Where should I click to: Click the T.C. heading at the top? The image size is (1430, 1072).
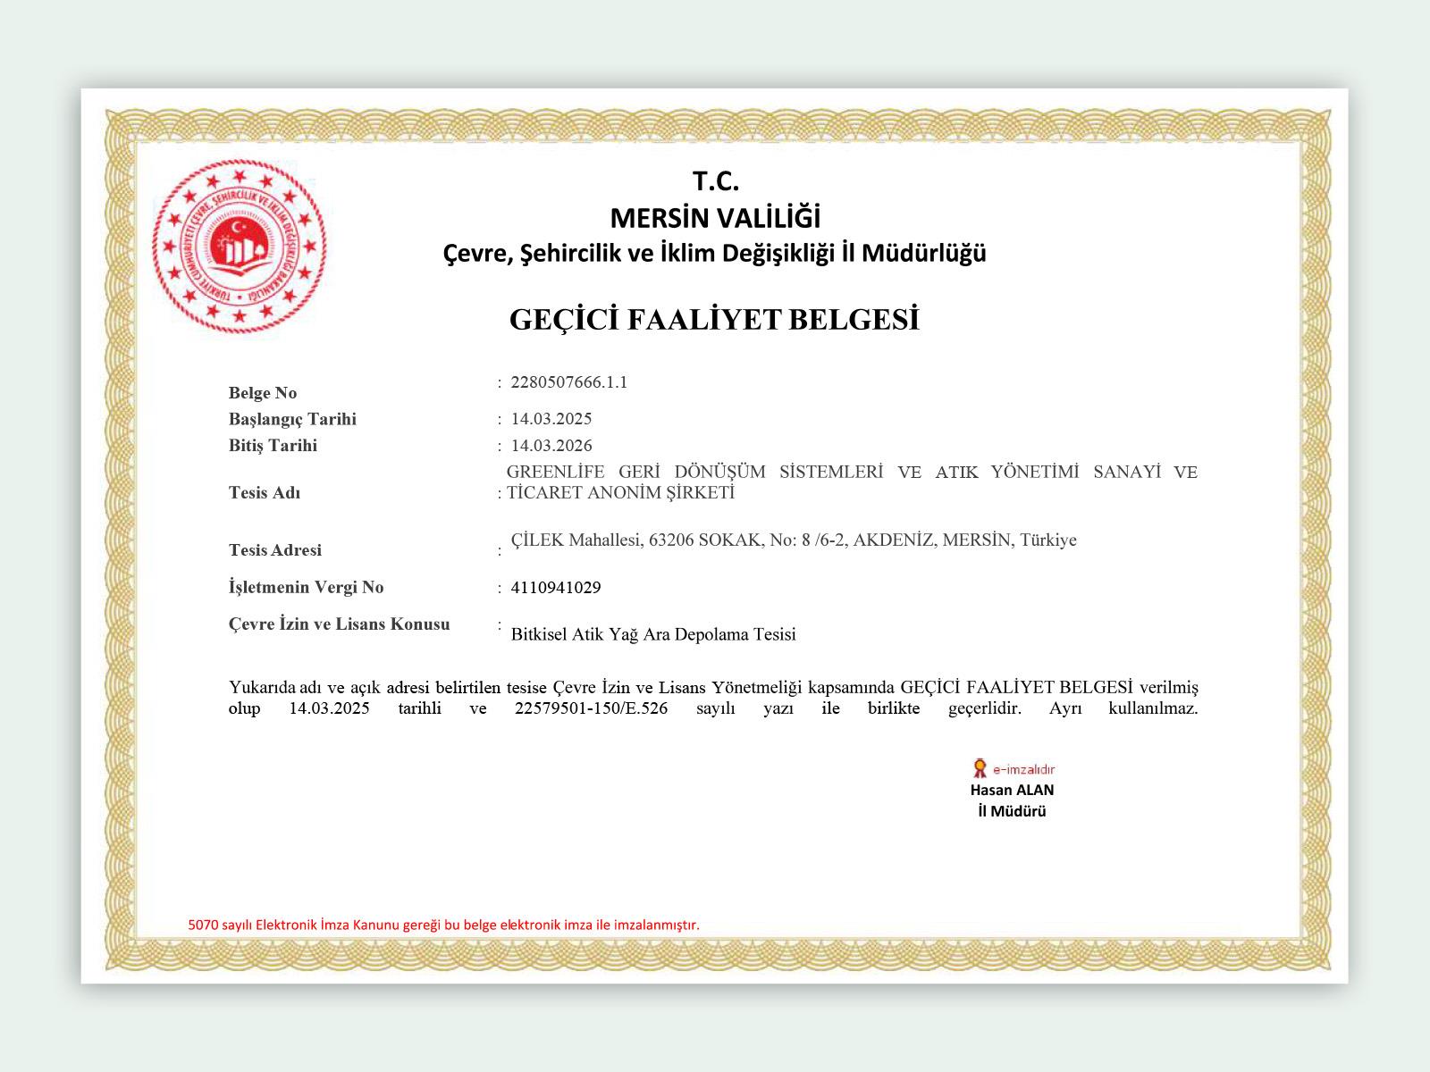pyautogui.click(x=715, y=181)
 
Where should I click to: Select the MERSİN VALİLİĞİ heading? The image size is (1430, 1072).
pyautogui.click(x=715, y=217)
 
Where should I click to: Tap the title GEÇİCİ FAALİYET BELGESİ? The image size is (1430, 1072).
pyautogui.click(x=714, y=320)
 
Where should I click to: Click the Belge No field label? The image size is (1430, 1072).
pyautogui.click(x=263, y=393)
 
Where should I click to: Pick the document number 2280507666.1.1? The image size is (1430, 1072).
pyautogui.click(x=569, y=382)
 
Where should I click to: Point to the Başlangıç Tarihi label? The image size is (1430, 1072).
pyautogui.click(x=292, y=419)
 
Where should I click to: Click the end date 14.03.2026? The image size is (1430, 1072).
pyautogui.click(x=551, y=446)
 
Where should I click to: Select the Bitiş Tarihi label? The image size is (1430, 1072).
pyautogui.click(x=273, y=446)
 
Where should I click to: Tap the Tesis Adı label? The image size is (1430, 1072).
pyautogui.click(x=265, y=493)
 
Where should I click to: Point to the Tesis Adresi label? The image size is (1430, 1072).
pyautogui.click(x=275, y=550)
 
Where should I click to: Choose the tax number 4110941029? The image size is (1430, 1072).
pyautogui.click(x=556, y=588)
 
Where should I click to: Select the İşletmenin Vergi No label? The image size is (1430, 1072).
pyautogui.click(x=307, y=587)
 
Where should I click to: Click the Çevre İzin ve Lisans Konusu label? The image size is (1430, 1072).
pyautogui.click(x=340, y=624)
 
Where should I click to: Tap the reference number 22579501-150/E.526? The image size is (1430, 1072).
pyautogui.click(x=592, y=709)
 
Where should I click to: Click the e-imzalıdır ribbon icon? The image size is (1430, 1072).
pyautogui.click(x=980, y=768)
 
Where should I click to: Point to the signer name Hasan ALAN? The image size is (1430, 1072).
pyautogui.click(x=1012, y=790)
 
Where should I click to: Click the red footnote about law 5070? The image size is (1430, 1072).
pyautogui.click(x=444, y=925)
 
